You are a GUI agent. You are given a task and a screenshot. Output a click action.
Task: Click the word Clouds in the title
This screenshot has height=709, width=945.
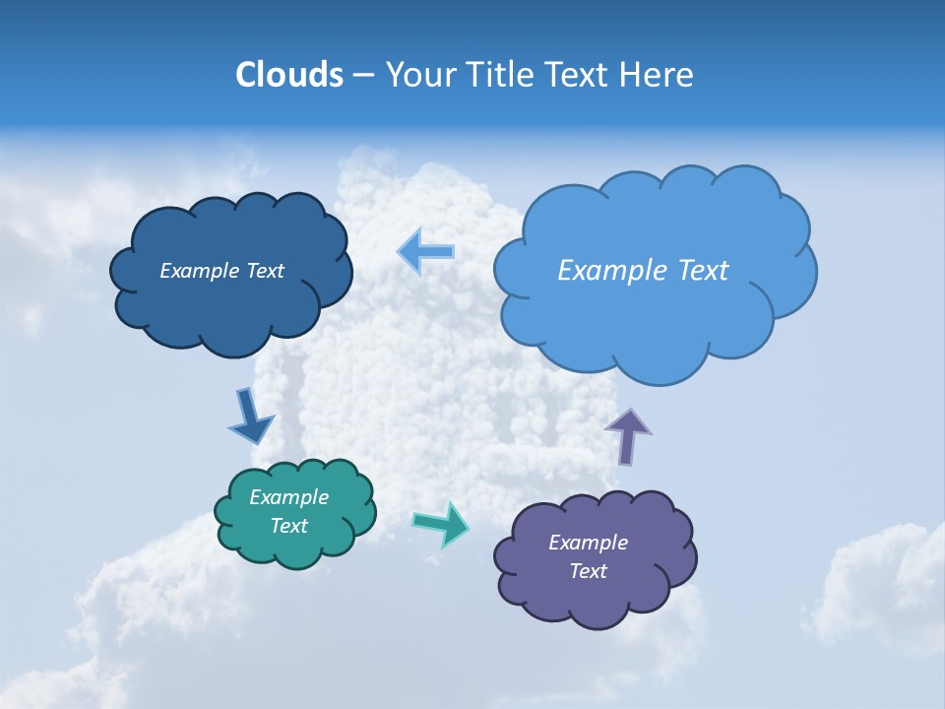pos(288,75)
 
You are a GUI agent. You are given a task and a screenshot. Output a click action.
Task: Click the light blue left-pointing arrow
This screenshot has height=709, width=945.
pos(426,251)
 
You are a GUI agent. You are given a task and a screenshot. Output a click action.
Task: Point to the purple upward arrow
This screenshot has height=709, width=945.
pos(627,434)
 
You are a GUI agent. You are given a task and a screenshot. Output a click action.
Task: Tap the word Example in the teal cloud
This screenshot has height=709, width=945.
pos(288,497)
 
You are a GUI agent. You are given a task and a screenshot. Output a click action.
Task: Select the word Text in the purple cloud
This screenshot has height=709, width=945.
pos(588,571)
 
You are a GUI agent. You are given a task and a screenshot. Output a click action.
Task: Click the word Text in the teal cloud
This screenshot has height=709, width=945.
pos(288,526)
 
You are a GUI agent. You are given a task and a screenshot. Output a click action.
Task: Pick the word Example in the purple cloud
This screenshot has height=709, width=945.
pos(588,543)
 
